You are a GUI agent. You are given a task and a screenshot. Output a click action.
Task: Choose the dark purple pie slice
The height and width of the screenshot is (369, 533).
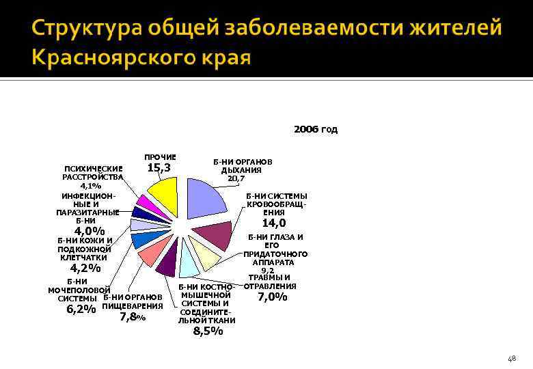point(167,262)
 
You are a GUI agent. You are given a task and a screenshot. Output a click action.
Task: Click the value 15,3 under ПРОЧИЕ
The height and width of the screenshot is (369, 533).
point(159,167)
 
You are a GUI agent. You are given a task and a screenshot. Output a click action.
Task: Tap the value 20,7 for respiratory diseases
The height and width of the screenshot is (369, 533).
point(236,178)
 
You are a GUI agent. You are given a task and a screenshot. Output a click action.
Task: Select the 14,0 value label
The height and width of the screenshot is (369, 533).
point(274,223)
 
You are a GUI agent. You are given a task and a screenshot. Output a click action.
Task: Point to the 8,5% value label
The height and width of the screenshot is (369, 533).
point(208,331)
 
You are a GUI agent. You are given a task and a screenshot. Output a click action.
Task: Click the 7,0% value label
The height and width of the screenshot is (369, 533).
point(271,297)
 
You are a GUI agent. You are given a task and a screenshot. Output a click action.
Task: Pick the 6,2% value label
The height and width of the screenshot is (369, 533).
point(81,309)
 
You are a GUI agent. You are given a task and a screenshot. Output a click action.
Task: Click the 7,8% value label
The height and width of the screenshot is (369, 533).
point(133,316)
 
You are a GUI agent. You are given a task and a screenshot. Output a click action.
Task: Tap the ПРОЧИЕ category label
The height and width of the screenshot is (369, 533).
point(160,157)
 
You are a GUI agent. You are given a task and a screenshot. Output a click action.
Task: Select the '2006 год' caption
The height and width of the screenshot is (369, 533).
point(315,129)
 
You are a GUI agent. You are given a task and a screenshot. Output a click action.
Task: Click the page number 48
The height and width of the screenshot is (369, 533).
point(512,358)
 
